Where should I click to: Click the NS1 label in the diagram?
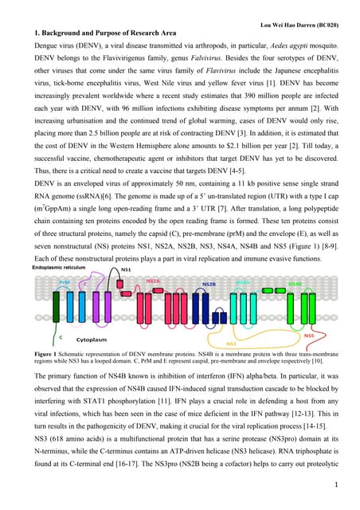tap(126, 272)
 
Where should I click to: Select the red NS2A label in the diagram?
tap(153, 280)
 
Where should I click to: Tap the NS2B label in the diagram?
tap(208, 284)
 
